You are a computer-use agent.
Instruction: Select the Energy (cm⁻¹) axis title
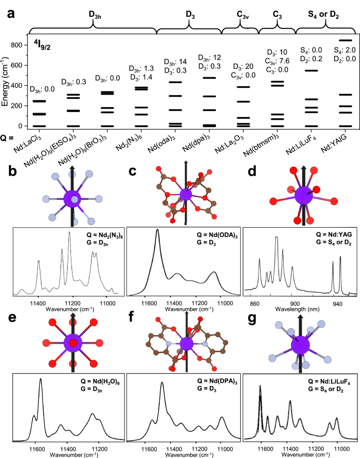(6, 86)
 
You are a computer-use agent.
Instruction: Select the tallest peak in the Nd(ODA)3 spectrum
(157, 231)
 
